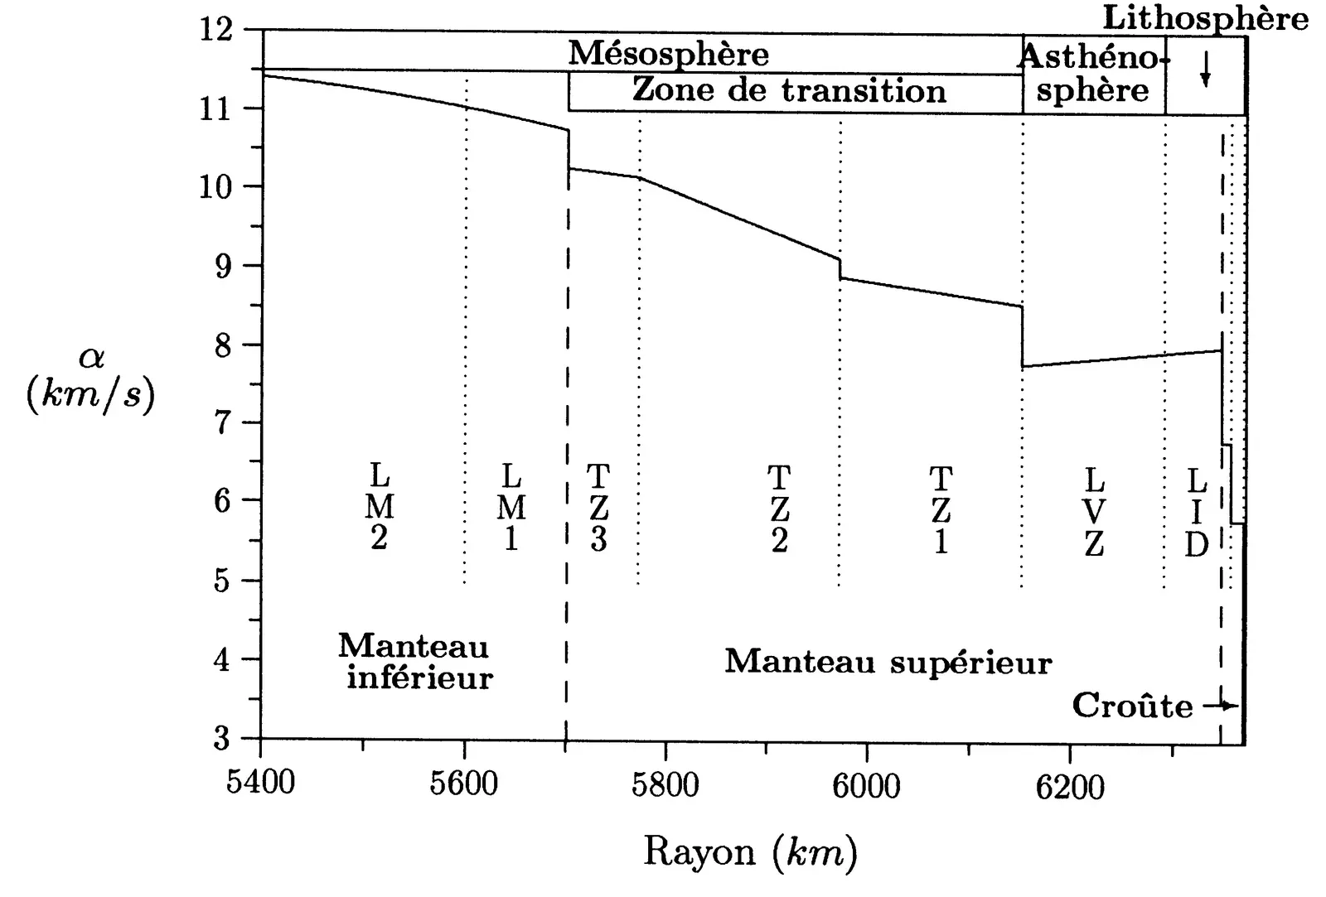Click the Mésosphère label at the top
coord(668,54)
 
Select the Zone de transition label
coord(789,90)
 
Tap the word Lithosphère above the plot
coord(1205,18)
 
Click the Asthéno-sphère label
coord(1092,73)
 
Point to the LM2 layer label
coord(379,508)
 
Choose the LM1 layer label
coord(511,508)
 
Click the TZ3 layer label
coord(598,508)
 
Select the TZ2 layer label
coord(779,509)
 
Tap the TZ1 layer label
coord(941,509)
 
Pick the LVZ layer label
coord(1094,511)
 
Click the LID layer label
coord(1196,513)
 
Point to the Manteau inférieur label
coord(417,662)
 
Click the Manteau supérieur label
coord(888,662)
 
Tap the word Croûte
coord(1132,706)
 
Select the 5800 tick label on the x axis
coord(665,783)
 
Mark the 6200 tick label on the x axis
coord(1070,784)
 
